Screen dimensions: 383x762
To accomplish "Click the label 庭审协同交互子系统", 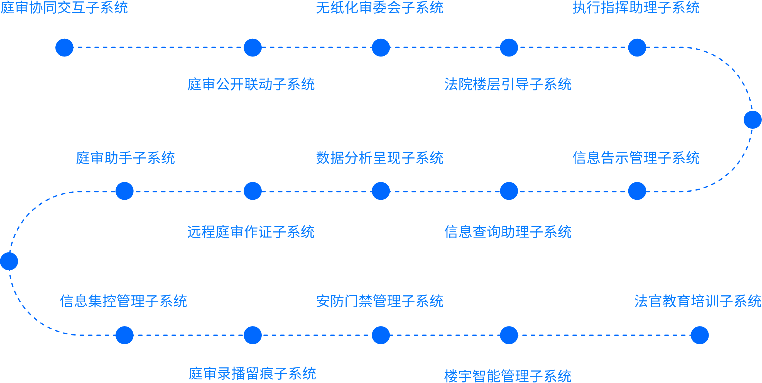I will pyautogui.click(x=64, y=8).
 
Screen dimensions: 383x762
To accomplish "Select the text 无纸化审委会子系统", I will pyautogui.click(x=379, y=8).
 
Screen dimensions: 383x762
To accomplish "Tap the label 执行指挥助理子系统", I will pyautogui.click(x=636, y=8).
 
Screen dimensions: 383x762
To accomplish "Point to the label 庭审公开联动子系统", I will pyautogui.click(x=251, y=85).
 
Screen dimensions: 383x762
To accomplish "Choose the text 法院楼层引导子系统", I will pyautogui.click(x=508, y=85).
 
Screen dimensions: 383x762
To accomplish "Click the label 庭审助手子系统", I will pyautogui.click(x=125, y=158).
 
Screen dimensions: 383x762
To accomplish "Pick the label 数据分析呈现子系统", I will pyautogui.click(x=379, y=158).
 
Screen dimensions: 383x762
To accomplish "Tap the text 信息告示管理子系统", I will pyautogui.click(x=636, y=158).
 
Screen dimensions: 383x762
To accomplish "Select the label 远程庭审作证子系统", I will pyautogui.click(x=251, y=232).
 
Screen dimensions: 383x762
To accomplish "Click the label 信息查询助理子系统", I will pyautogui.click(x=508, y=232).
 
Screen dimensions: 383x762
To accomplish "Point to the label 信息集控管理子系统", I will pyautogui.click(x=123, y=301).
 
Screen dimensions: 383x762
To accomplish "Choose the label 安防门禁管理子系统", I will pyautogui.click(x=379, y=301).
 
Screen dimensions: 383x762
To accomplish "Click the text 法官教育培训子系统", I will pyautogui.click(x=698, y=301).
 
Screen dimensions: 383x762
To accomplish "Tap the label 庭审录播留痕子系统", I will pyautogui.click(x=252, y=374).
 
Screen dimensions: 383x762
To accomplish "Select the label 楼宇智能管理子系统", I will pyautogui.click(x=508, y=376).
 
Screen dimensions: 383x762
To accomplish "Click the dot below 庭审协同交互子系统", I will pyautogui.click(x=65, y=47).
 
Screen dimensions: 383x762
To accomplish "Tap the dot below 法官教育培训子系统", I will pyautogui.click(x=700, y=335).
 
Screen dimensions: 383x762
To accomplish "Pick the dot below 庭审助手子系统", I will pyautogui.click(x=124, y=191).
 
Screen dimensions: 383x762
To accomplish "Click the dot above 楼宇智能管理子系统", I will pyautogui.click(x=509, y=335).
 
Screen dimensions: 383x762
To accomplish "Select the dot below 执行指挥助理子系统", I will pyautogui.click(x=637, y=47).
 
